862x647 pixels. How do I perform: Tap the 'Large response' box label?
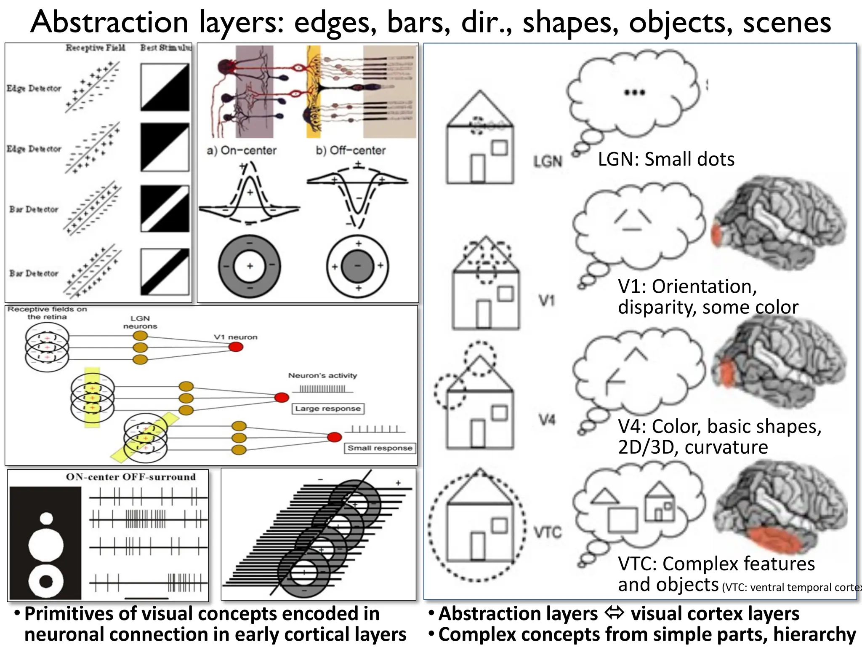pyautogui.click(x=328, y=409)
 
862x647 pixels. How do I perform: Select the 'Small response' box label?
pyautogui.click(x=380, y=448)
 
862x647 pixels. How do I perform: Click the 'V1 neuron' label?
pyautogui.click(x=235, y=337)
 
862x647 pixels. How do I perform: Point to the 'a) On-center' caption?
pyautogui.click(x=242, y=150)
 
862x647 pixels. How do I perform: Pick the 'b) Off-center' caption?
pyautogui.click(x=351, y=150)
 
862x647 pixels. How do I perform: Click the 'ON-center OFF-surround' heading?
pyautogui.click(x=131, y=477)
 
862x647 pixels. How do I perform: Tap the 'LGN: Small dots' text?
pyautogui.click(x=666, y=159)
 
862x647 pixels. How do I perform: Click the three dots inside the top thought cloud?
pyautogui.click(x=634, y=93)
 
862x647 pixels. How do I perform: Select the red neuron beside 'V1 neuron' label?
pyautogui.click(x=236, y=347)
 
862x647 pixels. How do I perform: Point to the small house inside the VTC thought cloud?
pyautogui.click(x=660, y=501)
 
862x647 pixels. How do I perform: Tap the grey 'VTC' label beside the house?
pyautogui.click(x=548, y=532)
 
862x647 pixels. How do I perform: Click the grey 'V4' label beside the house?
pyautogui.click(x=547, y=420)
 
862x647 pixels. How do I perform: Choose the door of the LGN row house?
pyautogui.click(x=478, y=168)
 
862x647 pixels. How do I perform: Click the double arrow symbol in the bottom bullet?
pyautogui.click(x=614, y=613)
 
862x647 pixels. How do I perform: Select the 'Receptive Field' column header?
pyautogui.click(x=96, y=48)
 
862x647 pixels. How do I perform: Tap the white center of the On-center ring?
pyautogui.click(x=250, y=266)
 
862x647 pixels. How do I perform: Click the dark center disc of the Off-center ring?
pyautogui.click(x=357, y=266)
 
